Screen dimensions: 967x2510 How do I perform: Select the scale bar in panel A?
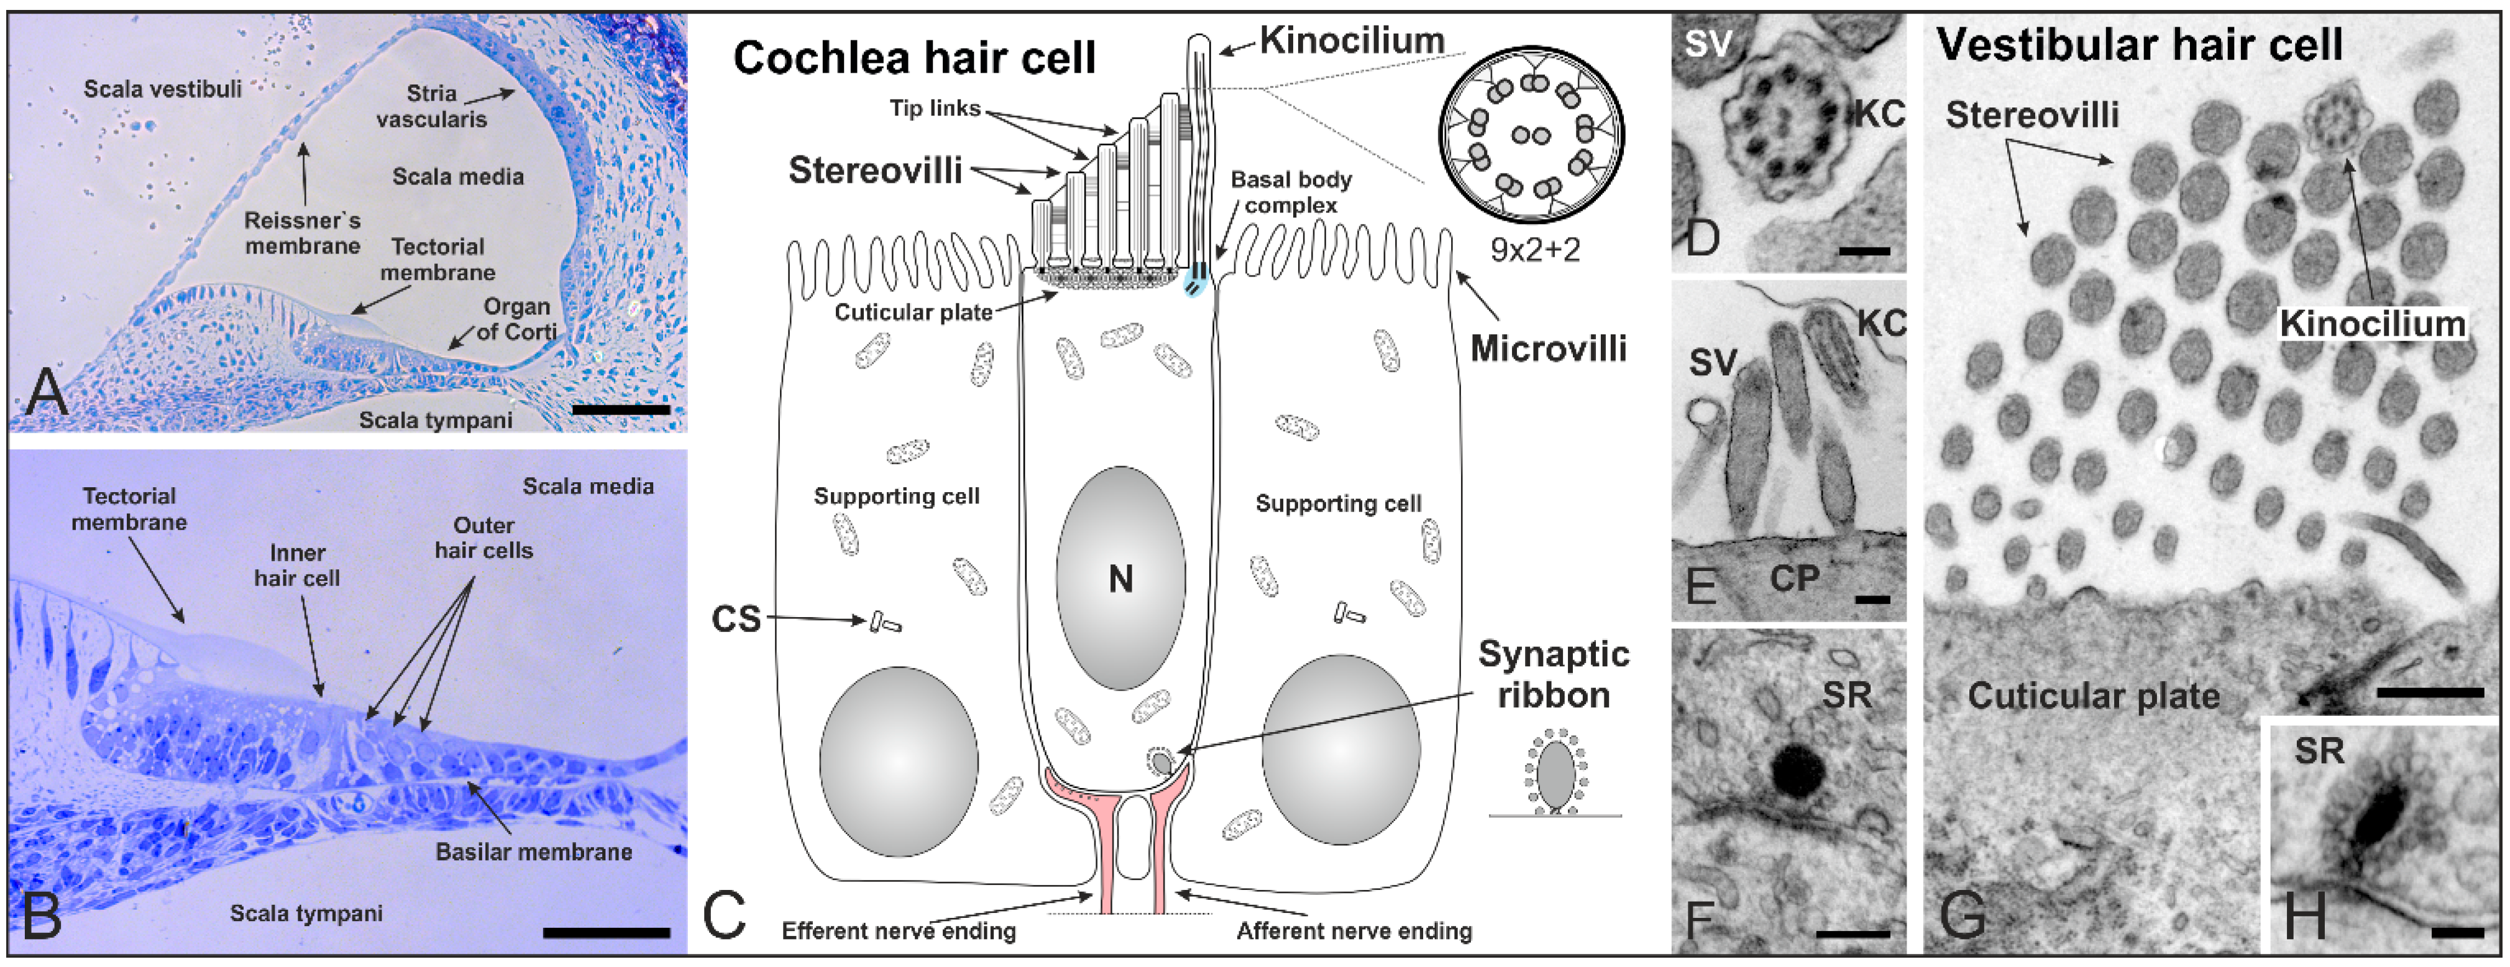(x=621, y=410)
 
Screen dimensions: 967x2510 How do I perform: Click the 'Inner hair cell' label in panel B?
(x=297, y=566)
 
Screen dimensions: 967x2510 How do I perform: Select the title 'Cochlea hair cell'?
(x=914, y=58)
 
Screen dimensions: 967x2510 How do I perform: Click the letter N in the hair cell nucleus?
(x=1120, y=580)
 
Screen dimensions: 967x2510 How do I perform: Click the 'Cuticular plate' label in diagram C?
(x=913, y=312)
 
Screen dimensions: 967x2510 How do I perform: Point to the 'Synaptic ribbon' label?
(x=1553, y=674)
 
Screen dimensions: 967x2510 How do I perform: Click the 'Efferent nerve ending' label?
(x=899, y=931)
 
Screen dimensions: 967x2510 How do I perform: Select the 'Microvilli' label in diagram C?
(x=1547, y=348)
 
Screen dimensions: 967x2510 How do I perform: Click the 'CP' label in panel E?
(x=1794, y=579)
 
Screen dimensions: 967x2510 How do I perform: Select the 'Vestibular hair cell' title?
(x=2140, y=45)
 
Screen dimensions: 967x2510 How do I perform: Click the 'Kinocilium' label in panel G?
(x=2371, y=324)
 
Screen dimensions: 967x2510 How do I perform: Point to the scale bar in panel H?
(x=2457, y=933)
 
